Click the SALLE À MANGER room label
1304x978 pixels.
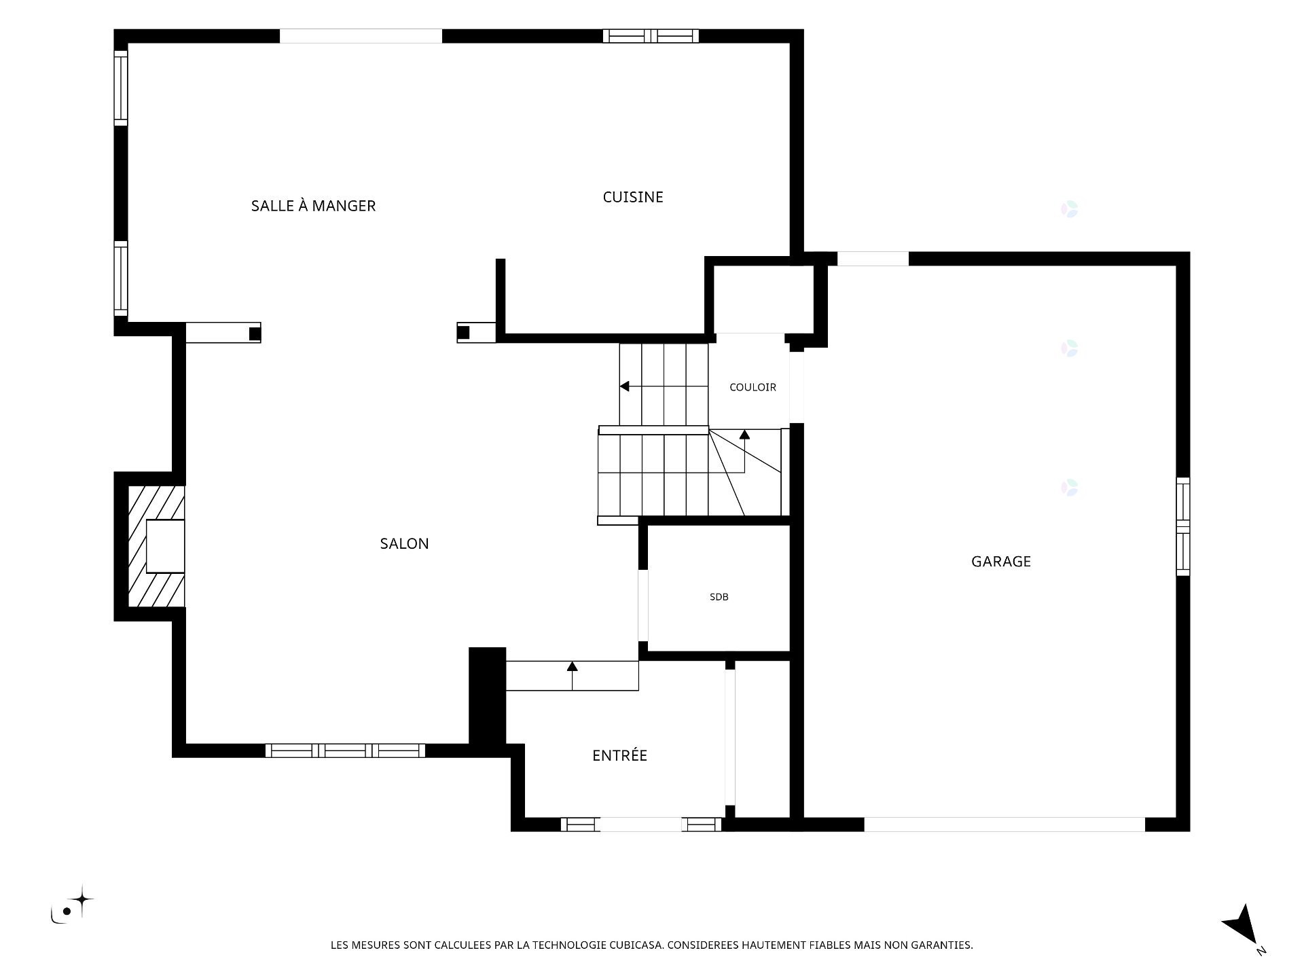pos(313,206)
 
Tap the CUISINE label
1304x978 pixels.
pos(633,197)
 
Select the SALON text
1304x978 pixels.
pos(404,543)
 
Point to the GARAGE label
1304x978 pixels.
pos(1001,561)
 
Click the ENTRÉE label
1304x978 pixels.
pos(619,755)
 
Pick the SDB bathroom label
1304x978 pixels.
pos(719,597)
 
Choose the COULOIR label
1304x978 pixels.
pos(753,387)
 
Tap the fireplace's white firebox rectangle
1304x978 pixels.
pos(165,547)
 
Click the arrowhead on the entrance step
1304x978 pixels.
pos(572,666)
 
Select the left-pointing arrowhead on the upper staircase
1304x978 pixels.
pos(624,386)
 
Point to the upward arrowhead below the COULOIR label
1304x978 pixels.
pos(744,435)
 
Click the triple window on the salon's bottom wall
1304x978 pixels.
pos(345,750)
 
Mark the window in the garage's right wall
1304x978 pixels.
pos(1183,526)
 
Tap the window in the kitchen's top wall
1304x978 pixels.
pos(651,36)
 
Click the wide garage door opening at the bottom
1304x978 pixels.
pos(1004,825)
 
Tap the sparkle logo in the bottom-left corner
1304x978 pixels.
pos(71,905)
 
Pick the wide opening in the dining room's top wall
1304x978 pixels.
pos(361,36)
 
